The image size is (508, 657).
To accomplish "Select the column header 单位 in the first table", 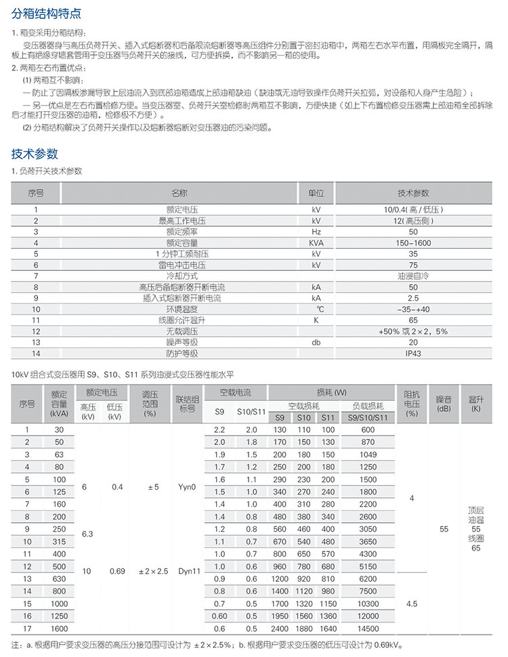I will [x=316, y=193].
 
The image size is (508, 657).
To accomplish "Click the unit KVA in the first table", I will [x=316, y=242].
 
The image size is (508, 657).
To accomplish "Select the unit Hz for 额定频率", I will [x=316, y=231].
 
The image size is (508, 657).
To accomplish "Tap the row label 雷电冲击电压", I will [x=182, y=264].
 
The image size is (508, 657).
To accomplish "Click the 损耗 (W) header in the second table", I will [x=331, y=393].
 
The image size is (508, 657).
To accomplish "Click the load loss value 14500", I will [x=368, y=628].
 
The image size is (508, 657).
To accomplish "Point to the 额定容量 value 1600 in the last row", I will [x=60, y=628].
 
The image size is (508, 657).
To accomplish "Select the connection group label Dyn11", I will [x=186, y=571].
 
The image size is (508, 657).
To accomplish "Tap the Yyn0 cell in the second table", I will [x=186, y=486].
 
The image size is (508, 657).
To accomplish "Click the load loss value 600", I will [x=368, y=429].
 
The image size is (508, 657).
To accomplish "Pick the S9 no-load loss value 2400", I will [x=279, y=628].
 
